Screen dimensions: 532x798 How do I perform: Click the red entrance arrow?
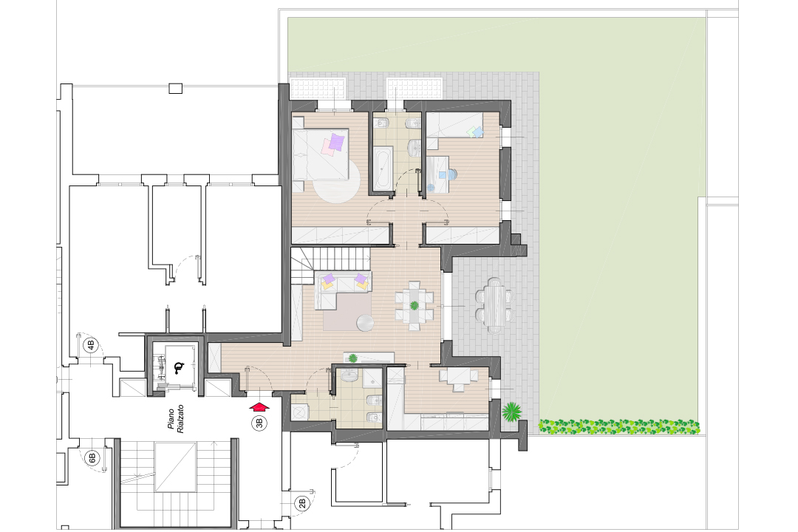[x=259, y=405]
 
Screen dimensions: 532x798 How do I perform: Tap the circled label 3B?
[x=259, y=423]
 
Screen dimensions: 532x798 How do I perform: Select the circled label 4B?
[x=91, y=344]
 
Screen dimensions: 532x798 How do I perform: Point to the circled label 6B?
[x=92, y=458]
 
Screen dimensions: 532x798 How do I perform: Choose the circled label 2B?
[x=301, y=504]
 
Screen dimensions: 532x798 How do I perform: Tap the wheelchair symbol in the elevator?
[x=178, y=367]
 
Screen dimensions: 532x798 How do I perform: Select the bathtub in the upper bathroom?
[x=382, y=167]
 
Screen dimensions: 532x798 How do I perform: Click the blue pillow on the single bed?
[x=477, y=132]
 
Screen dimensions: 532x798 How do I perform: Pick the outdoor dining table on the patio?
[x=494, y=303]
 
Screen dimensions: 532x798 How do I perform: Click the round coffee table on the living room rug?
[x=366, y=323]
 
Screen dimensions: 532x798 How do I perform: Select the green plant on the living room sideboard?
[x=352, y=358]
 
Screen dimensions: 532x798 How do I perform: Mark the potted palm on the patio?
[x=510, y=411]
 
